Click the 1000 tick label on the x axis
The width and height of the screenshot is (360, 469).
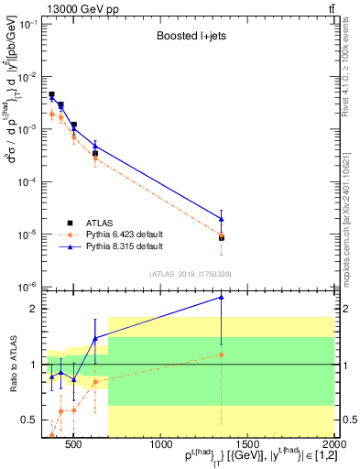159,444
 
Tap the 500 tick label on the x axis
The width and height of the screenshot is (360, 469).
73,444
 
